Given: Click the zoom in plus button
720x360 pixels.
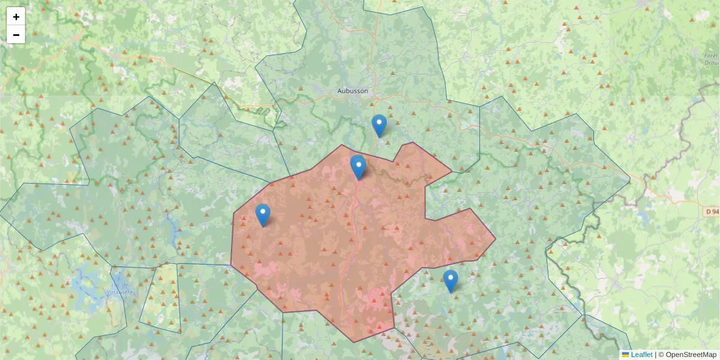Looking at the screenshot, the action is (x=16, y=17).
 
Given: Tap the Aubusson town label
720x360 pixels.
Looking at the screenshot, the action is (x=352, y=91).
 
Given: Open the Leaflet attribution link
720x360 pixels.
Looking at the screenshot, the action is (x=641, y=355).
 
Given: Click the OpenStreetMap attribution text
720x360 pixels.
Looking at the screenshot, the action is (x=691, y=355).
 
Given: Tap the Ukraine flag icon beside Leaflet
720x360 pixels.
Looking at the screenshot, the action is (x=626, y=355).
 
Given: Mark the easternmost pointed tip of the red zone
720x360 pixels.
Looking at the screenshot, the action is (x=496, y=239).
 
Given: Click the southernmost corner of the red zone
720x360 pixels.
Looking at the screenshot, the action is (x=354, y=342).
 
